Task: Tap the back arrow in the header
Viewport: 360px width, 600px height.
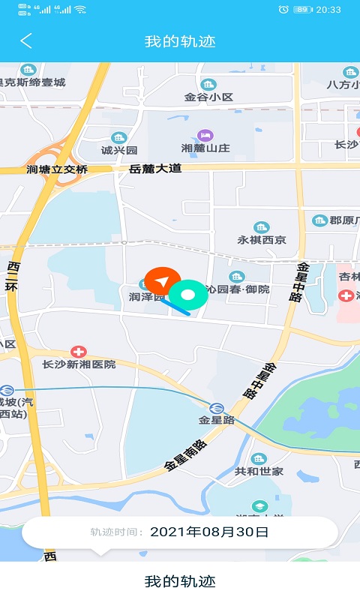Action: coord(26,41)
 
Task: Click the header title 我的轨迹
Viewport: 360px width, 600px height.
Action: coord(180,41)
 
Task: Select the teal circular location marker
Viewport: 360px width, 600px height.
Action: coord(188,295)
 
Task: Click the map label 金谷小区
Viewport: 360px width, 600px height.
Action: coord(209,97)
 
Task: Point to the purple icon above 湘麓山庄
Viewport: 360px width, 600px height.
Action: coord(205,135)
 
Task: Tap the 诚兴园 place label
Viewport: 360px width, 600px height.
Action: coord(119,150)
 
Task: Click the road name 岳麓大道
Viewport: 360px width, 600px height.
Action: coord(155,169)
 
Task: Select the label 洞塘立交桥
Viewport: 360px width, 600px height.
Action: coord(57,169)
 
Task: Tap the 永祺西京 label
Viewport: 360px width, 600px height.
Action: coord(262,240)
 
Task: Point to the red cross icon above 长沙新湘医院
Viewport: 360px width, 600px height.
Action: coord(78,351)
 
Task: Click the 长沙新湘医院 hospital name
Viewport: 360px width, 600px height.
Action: coord(79,364)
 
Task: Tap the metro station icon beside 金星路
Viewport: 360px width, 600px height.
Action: coord(216,408)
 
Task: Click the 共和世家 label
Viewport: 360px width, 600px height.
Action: coord(259,471)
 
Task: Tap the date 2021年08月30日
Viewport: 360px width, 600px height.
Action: coord(209,532)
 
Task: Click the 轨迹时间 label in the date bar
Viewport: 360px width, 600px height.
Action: coord(116,532)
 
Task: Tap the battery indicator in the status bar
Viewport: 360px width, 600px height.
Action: coord(302,10)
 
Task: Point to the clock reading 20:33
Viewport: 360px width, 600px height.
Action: coord(328,10)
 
